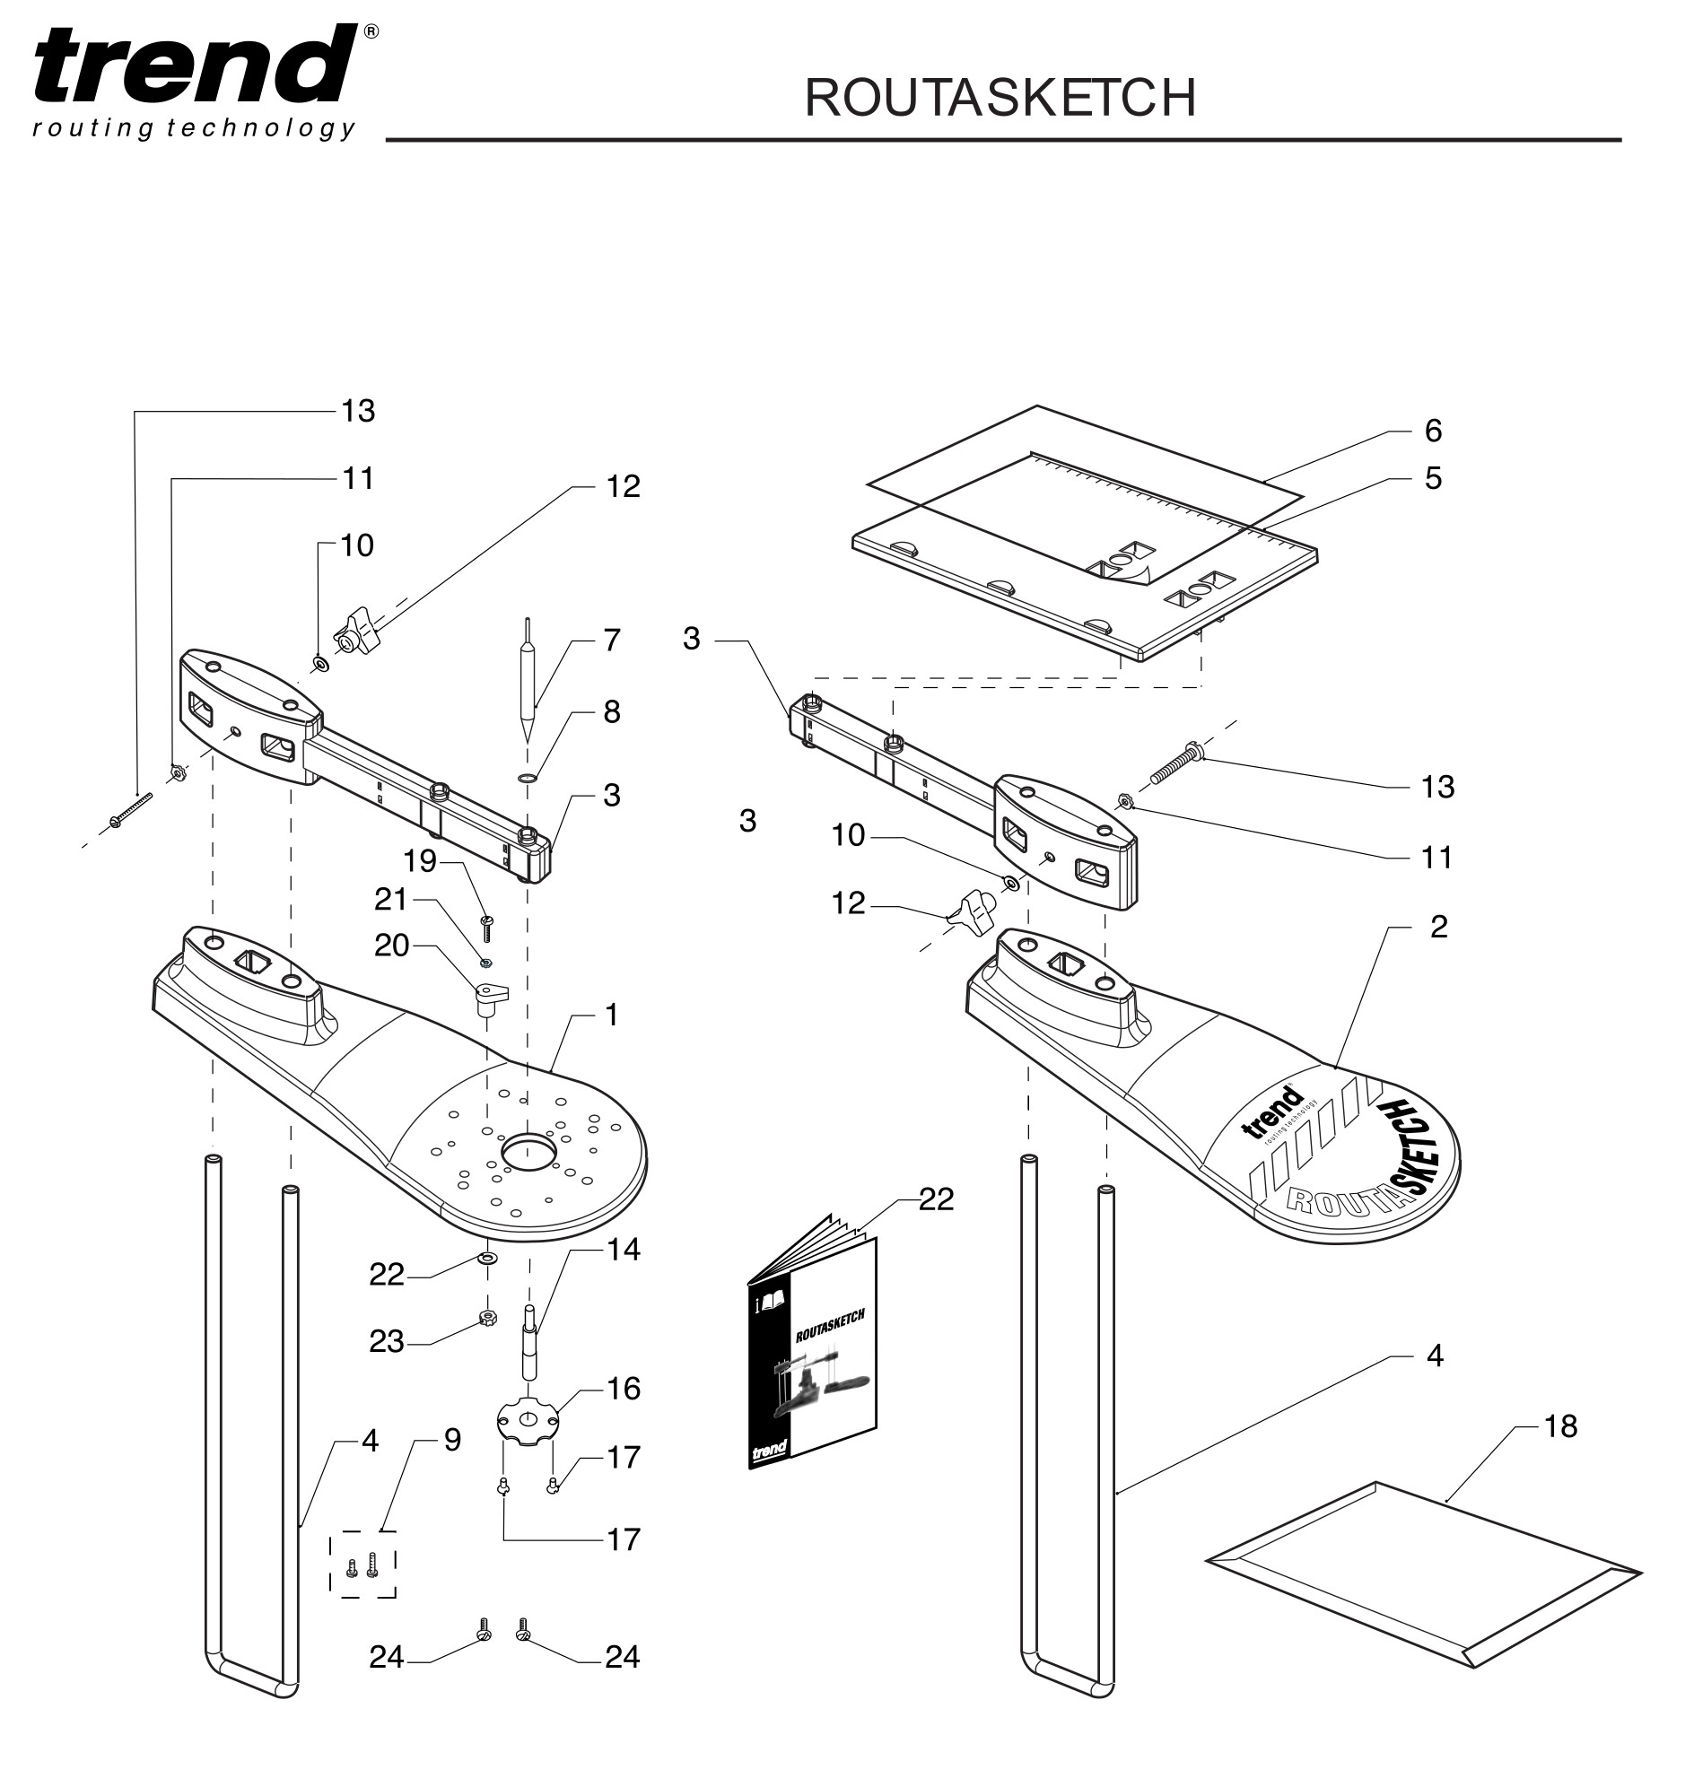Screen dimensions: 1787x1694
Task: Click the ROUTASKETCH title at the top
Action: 1000,98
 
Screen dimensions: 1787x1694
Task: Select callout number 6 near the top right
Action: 1433,431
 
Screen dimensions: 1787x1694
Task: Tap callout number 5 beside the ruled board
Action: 1433,478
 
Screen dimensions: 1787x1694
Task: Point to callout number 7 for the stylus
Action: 611,641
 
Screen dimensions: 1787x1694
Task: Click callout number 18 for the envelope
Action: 1559,1426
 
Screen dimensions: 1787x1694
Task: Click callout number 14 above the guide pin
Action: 623,1250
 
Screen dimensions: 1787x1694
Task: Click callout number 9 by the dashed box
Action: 452,1440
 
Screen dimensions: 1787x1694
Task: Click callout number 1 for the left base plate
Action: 611,1016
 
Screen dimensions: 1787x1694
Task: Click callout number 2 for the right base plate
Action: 1438,927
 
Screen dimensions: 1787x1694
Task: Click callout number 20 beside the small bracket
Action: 392,946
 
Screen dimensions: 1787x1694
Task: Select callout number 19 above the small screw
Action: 420,861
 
